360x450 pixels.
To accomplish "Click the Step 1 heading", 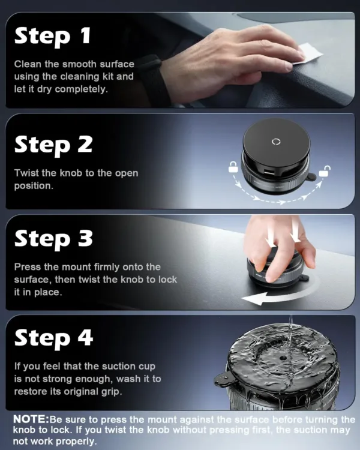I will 52,36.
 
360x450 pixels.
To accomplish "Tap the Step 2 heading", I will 53,145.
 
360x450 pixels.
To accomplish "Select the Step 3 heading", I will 53,239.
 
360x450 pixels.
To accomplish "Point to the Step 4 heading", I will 53,338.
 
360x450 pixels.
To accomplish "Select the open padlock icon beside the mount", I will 325,171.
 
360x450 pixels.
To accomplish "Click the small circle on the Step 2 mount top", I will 276,142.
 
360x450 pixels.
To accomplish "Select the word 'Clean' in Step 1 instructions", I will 27,64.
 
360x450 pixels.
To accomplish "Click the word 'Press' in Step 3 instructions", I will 27,267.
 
